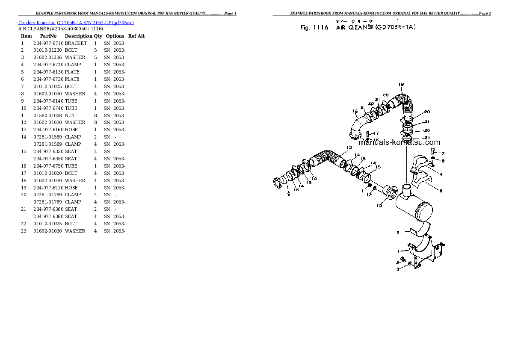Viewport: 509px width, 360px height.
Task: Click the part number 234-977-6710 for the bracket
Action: [x=48, y=43]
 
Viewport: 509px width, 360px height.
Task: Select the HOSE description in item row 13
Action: [x=71, y=130]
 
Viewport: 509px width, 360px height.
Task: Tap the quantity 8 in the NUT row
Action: [x=95, y=115]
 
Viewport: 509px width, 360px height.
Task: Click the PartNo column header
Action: [x=48, y=36]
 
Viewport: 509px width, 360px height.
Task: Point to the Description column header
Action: [x=78, y=36]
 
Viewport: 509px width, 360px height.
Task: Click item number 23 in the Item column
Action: [x=24, y=231]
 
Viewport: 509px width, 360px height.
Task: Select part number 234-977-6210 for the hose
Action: [x=48, y=188]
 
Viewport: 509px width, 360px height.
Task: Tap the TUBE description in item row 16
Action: [x=71, y=166]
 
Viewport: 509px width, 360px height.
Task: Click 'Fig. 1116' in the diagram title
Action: [x=314, y=28]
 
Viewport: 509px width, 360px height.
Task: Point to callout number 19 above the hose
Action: [x=401, y=84]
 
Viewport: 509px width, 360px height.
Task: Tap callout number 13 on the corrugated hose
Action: [x=349, y=148]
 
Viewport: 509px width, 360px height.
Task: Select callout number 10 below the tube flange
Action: [x=379, y=206]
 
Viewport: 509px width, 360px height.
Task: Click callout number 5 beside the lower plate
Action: [x=398, y=233]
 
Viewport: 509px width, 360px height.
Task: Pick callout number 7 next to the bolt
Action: [x=443, y=153]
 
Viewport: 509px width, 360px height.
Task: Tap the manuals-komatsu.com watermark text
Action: [x=399, y=142]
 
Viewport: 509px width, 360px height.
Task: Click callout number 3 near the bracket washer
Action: [x=397, y=269]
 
